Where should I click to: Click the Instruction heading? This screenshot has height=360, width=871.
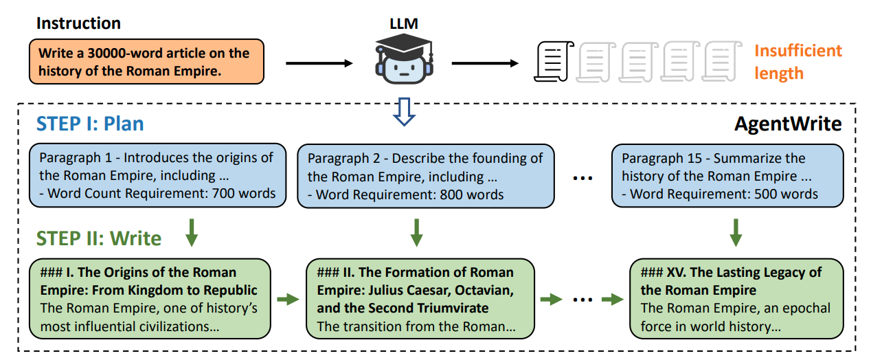point(78,23)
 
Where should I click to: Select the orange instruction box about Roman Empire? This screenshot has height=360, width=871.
point(146,61)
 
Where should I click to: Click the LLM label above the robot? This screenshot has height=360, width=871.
point(404,24)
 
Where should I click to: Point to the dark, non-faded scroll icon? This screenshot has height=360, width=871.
point(554,61)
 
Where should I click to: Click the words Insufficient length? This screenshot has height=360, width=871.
point(798,62)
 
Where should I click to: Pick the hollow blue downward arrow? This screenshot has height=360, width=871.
point(404,111)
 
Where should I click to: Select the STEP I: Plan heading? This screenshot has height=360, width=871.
point(90,124)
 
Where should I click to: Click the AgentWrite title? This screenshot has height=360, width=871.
point(788,124)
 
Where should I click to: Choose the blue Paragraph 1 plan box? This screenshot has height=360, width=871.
point(157,175)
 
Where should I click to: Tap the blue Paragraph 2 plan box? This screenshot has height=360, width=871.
point(426,176)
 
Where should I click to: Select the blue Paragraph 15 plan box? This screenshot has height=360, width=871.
point(727,176)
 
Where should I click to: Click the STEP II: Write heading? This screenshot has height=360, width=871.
point(99,238)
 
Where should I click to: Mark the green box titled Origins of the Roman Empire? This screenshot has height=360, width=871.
point(150,299)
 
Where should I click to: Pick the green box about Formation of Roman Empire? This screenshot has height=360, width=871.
point(420,299)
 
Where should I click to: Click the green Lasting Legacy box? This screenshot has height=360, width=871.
point(736,299)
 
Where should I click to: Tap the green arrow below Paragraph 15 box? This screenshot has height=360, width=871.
point(736,232)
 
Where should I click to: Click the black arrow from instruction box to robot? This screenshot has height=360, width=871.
point(319,63)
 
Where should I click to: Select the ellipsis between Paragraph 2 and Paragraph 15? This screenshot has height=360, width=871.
point(582,179)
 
